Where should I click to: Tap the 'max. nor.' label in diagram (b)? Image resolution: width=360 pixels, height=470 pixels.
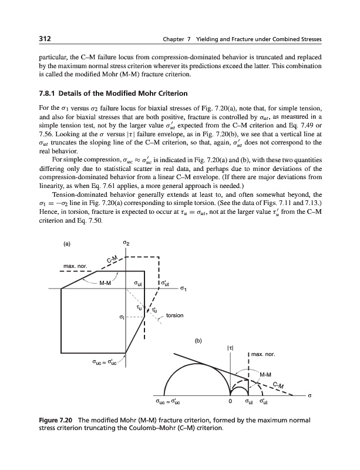coord(264,354)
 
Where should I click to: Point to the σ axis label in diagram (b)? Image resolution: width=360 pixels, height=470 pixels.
coord(309,395)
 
